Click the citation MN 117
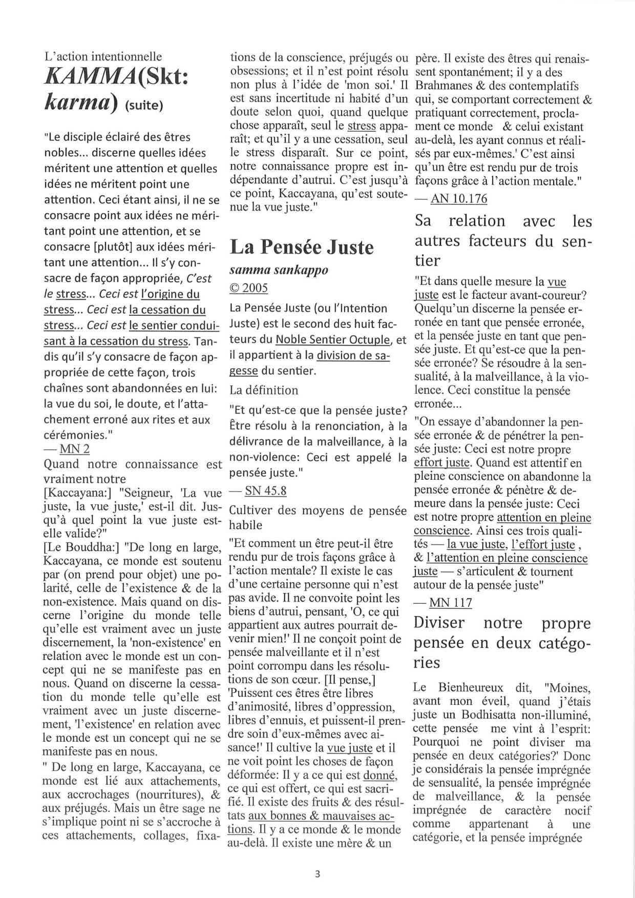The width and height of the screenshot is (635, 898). (x=451, y=602)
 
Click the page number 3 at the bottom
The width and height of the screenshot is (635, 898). (x=317, y=874)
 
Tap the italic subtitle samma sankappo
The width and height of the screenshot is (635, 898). (x=279, y=270)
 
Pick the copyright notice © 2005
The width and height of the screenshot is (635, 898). (x=249, y=288)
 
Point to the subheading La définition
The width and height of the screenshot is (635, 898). (x=264, y=390)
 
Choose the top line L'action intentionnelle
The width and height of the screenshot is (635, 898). (x=103, y=56)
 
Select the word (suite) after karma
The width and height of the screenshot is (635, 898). (x=144, y=106)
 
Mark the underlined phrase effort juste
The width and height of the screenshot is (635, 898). (x=442, y=463)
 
